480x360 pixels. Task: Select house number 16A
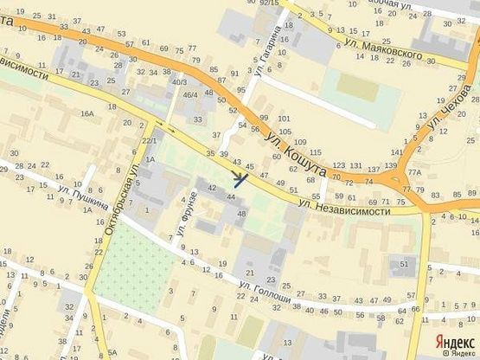[x=86, y=113]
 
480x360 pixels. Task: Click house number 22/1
[x=149, y=140]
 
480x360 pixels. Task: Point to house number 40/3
[x=179, y=81]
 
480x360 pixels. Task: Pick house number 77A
[x=414, y=172]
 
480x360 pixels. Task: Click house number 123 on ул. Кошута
[x=338, y=164]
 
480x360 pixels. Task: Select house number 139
[x=391, y=165]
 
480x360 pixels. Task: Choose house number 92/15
[x=269, y=3]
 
